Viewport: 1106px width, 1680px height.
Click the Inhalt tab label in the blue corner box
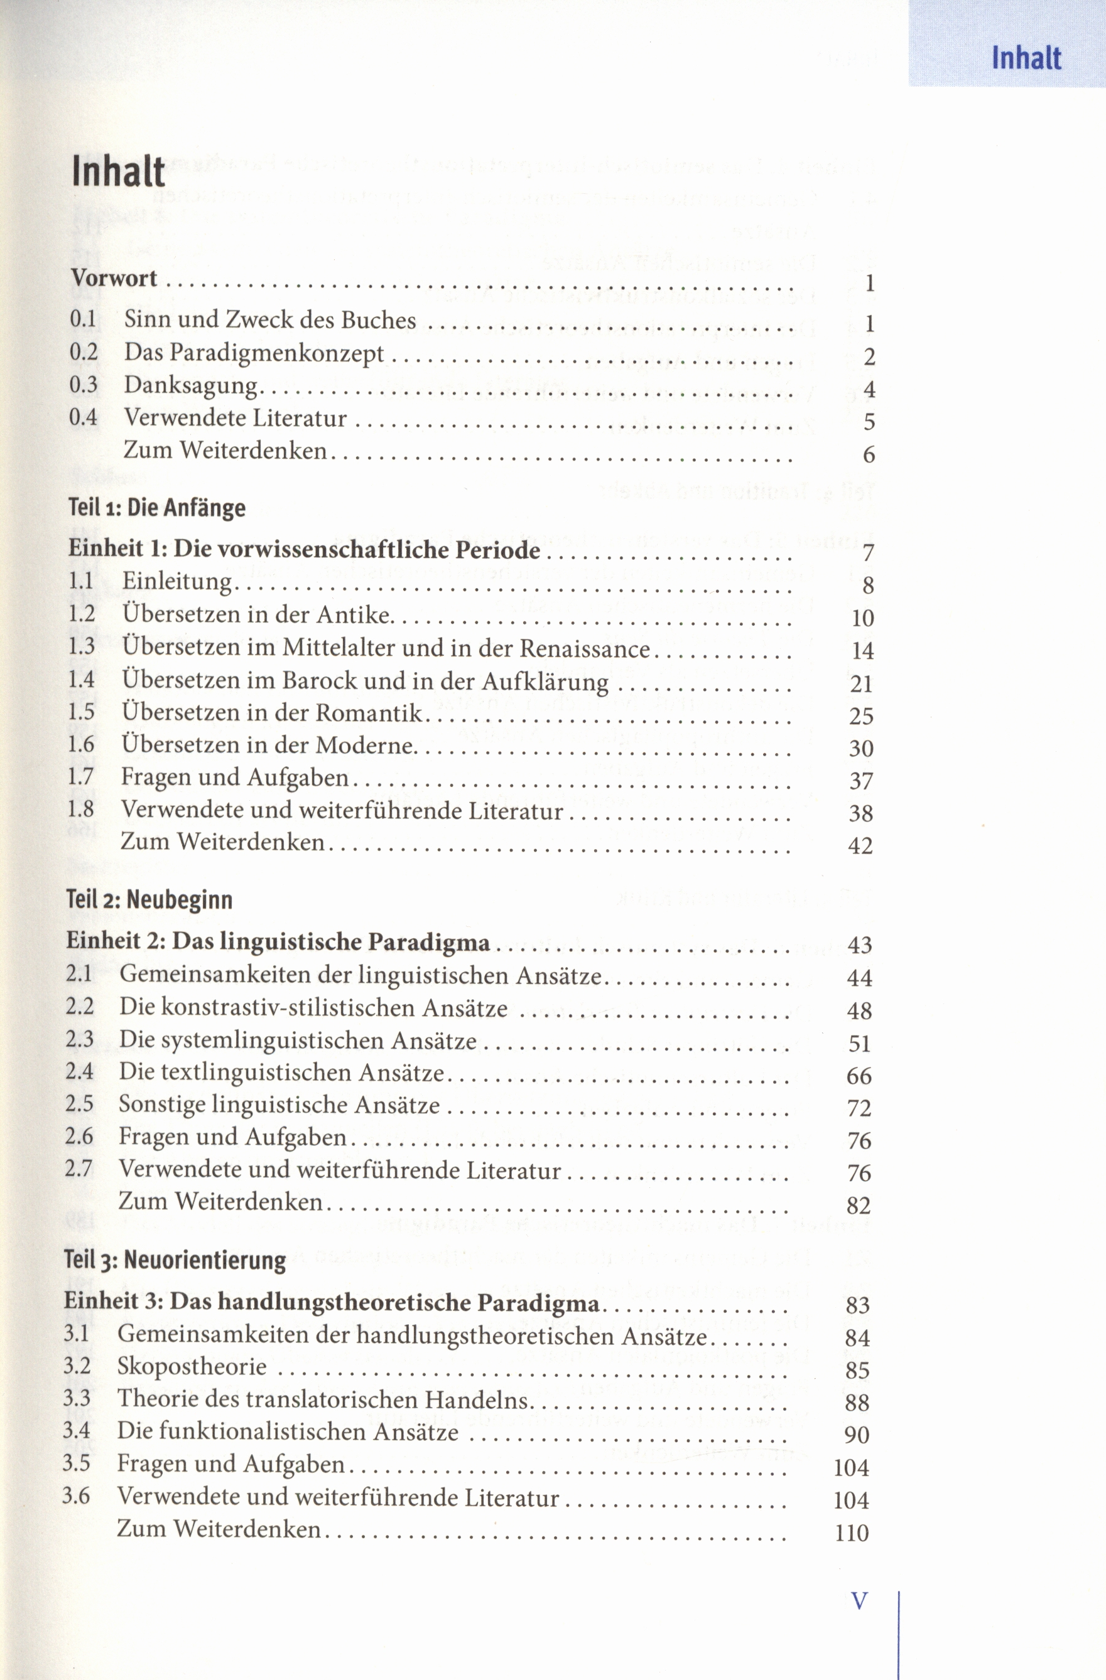click(x=1026, y=58)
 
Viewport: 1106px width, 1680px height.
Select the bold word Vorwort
click(x=114, y=278)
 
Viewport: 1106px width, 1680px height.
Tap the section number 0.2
click(x=84, y=352)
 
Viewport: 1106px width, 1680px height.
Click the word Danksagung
click(x=192, y=385)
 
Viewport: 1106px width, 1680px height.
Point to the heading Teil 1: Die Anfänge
click(x=157, y=508)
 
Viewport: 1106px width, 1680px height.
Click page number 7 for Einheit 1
click(x=868, y=554)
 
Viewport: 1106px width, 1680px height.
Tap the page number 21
click(x=862, y=683)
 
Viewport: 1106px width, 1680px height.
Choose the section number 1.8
click(x=81, y=809)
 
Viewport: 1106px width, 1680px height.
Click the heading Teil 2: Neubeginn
click(x=149, y=899)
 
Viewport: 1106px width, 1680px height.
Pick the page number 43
click(x=860, y=946)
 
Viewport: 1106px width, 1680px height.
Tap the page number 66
click(x=859, y=1076)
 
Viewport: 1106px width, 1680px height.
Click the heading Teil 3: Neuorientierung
click(x=175, y=1260)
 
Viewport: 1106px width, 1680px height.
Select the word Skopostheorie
click(x=192, y=1367)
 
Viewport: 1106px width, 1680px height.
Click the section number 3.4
click(x=76, y=1431)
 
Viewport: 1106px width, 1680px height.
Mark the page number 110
click(x=851, y=1533)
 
